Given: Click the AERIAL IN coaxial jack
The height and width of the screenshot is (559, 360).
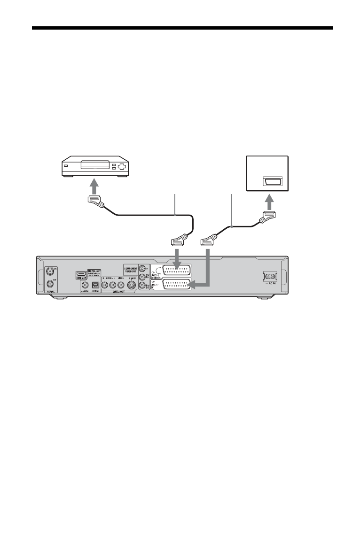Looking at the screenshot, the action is coord(50,271).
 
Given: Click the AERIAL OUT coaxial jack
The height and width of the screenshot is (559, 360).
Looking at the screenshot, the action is coord(50,283).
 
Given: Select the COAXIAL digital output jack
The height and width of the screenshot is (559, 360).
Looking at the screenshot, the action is coord(85,284).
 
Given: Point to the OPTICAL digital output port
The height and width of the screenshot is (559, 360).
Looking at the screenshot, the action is coord(95,284).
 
